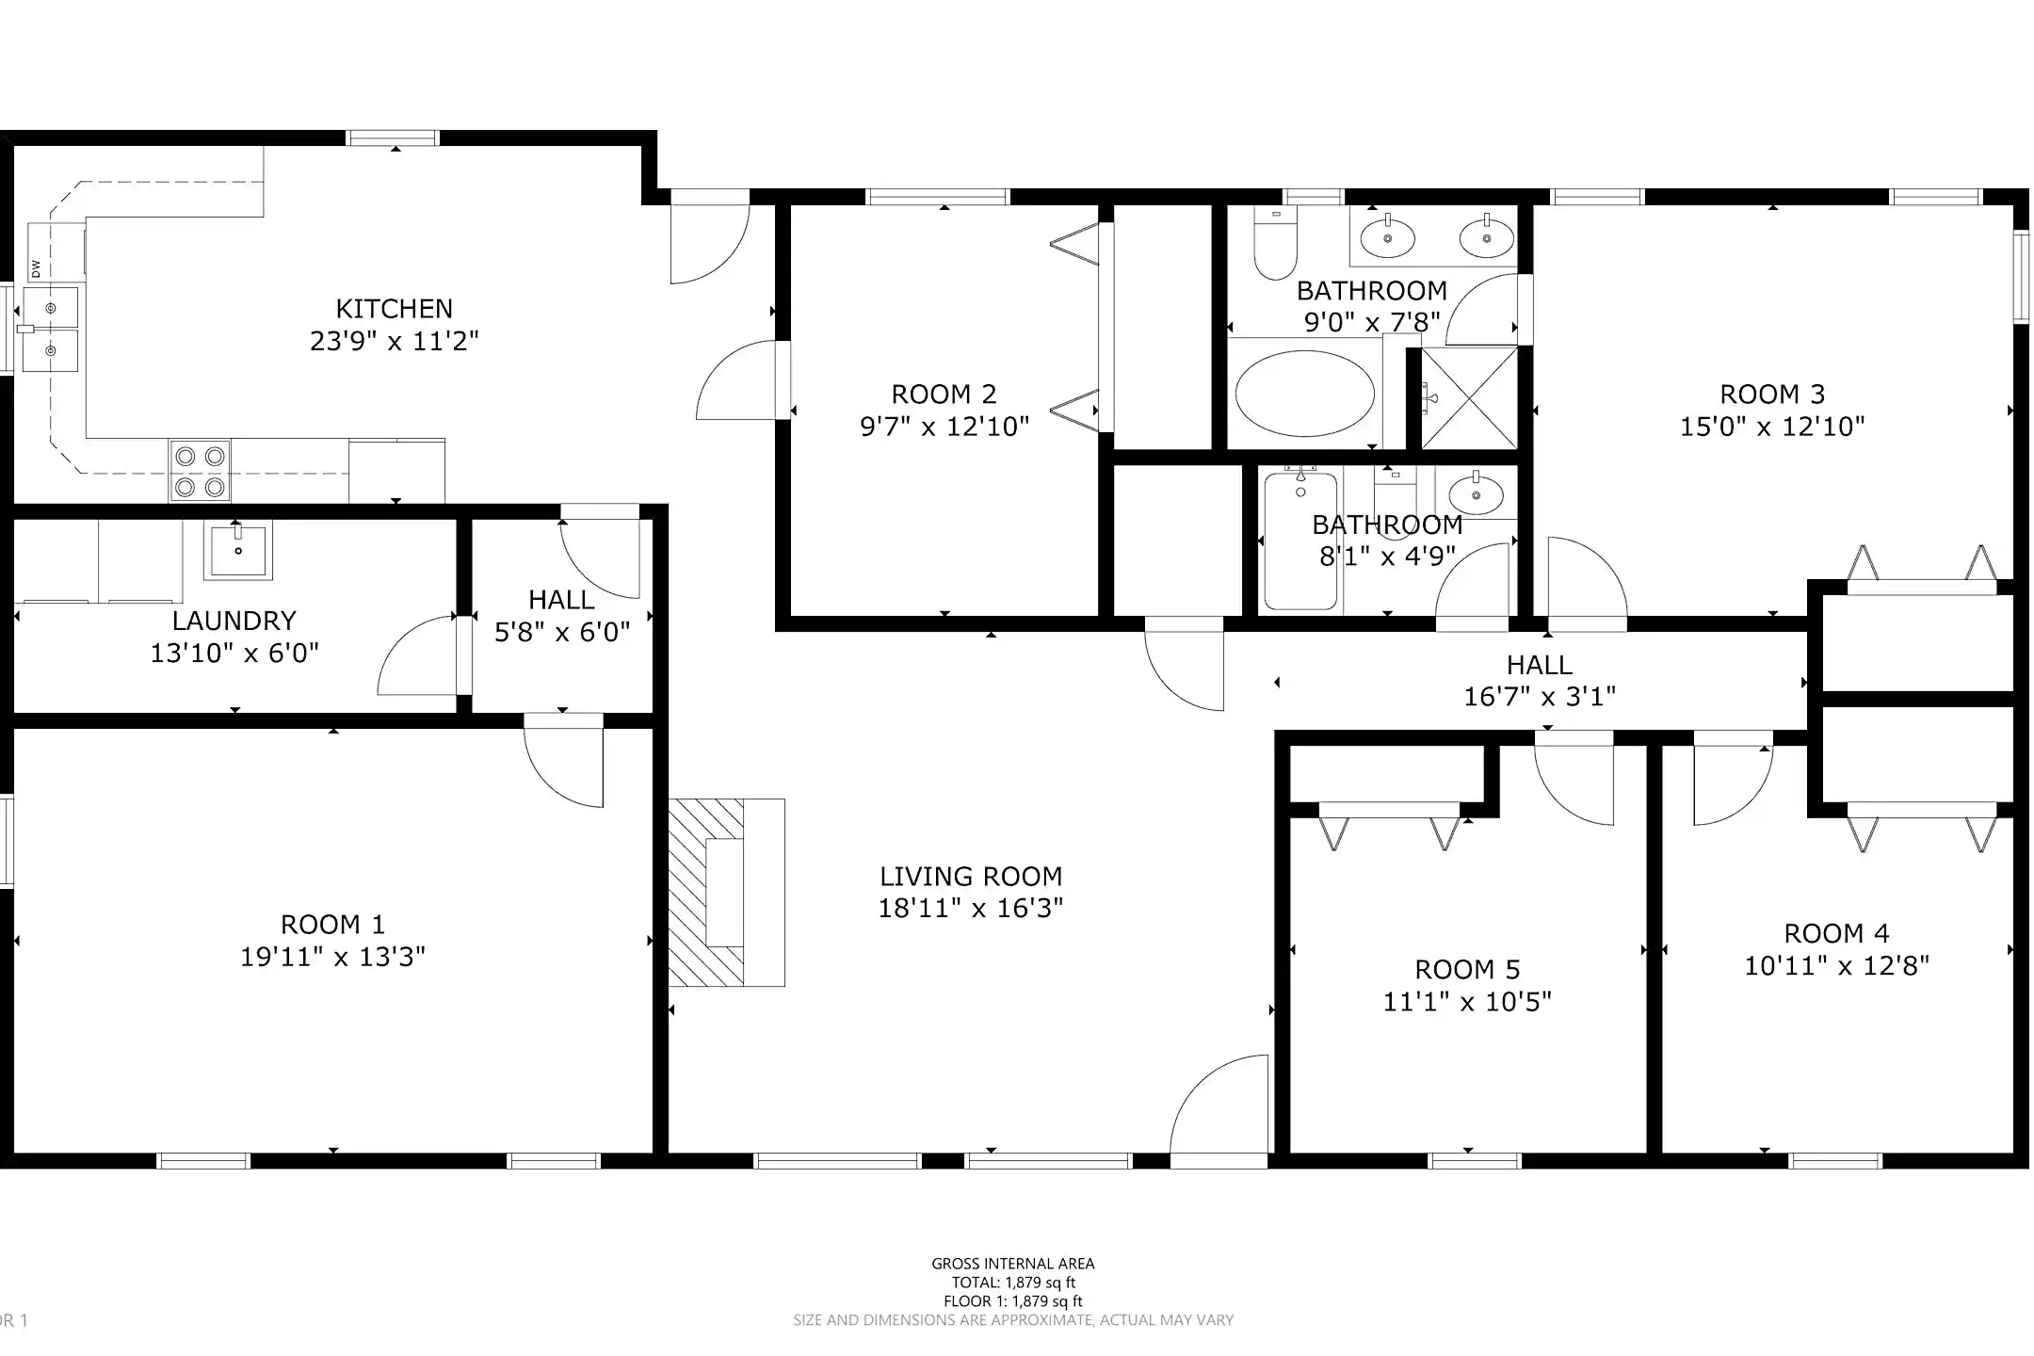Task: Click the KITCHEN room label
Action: click(x=394, y=309)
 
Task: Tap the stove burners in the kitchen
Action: click(x=200, y=471)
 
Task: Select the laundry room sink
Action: click(x=237, y=550)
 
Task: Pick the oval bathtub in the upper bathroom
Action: click(x=1304, y=394)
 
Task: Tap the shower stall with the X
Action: click(x=1468, y=398)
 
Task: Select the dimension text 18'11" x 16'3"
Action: click(x=970, y=909)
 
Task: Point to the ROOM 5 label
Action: click(x=1467, y=969)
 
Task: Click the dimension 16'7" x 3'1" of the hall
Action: click(x=1539, y=697)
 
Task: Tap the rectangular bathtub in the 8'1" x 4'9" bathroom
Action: click(x=1300, y=542)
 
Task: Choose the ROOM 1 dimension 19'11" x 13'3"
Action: click(x=332, y=957)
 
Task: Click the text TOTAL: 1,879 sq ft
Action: click(x=1013, y=1283)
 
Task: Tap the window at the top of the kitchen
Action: click(x=394, y=138)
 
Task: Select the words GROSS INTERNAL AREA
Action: click(x=1013, y=1264)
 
